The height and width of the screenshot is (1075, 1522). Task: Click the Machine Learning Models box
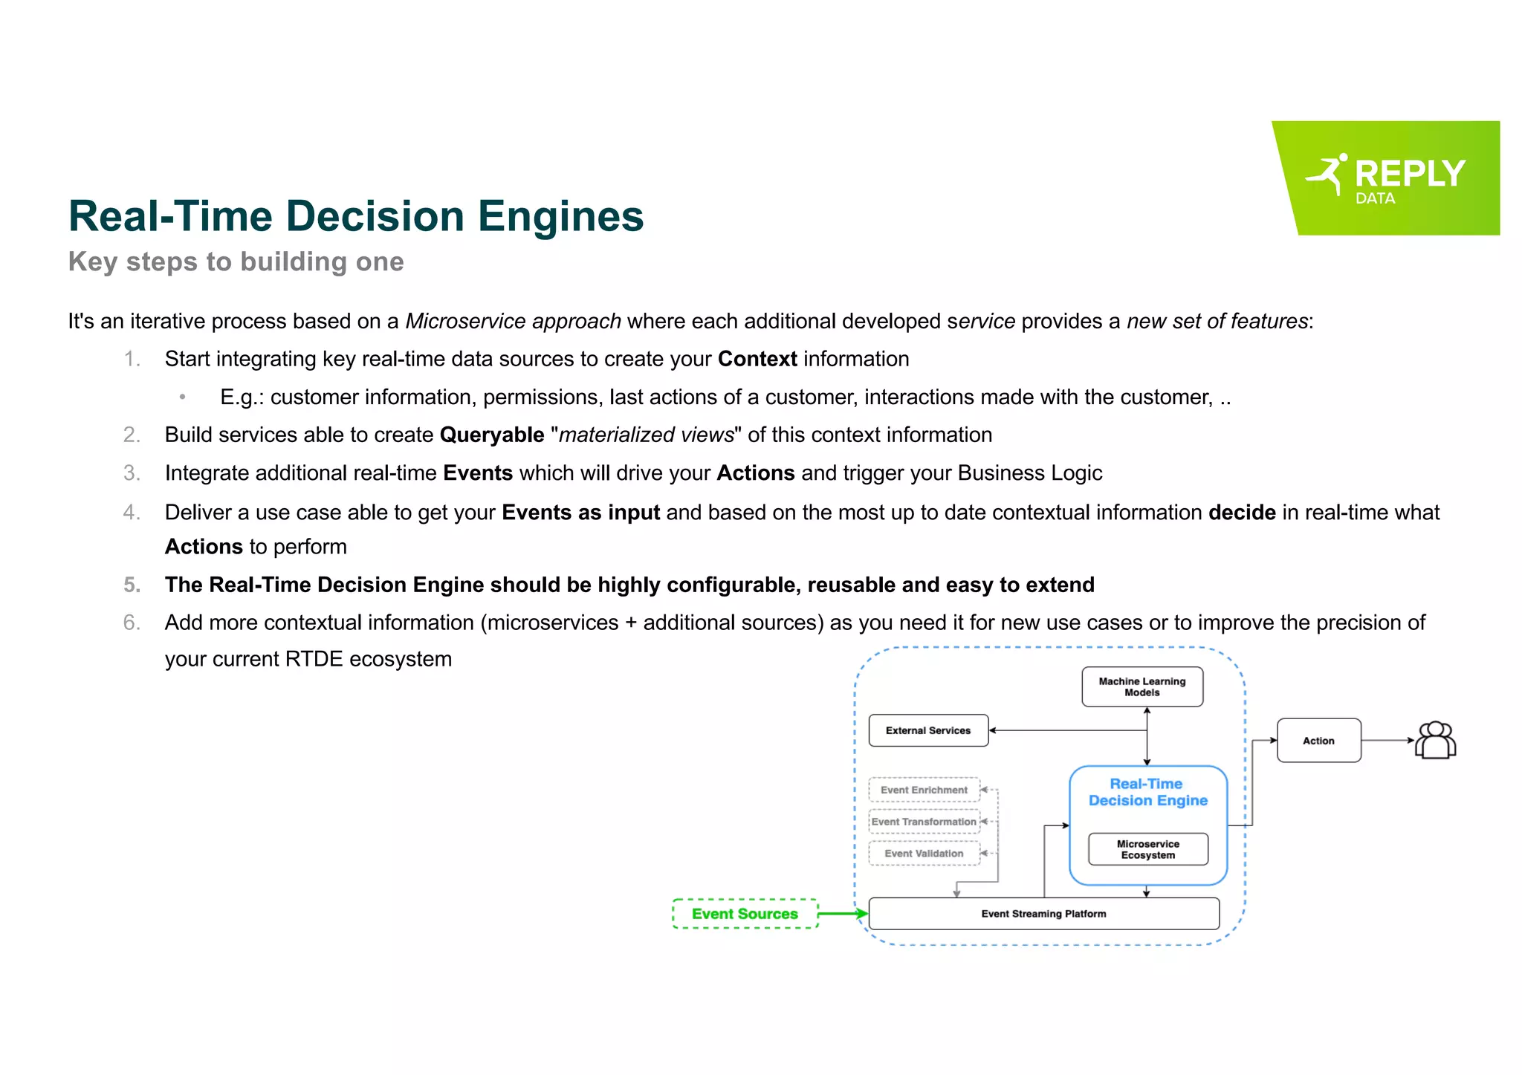1141,686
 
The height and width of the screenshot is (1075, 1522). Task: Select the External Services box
928,730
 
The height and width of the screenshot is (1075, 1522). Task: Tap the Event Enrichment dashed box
924,790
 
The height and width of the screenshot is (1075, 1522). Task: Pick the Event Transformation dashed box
924,822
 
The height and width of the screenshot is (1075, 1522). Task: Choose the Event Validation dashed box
924,854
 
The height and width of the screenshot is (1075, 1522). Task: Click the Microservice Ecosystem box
1147,849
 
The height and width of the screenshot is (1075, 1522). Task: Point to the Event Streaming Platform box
1043,914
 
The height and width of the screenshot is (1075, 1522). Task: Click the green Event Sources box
745,914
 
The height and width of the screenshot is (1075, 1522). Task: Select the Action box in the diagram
1318,741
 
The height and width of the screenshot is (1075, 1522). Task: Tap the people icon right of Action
1435,741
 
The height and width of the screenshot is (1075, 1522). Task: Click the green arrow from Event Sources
843,914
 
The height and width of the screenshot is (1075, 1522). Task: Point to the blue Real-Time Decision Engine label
1147,792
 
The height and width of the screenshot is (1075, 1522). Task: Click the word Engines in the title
560,216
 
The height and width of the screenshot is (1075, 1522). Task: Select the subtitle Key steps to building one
236,262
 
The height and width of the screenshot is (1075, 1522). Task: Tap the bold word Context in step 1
757,359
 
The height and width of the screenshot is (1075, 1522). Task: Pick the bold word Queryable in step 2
492,435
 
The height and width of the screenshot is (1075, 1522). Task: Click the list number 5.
132,585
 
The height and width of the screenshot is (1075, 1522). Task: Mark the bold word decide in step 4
1242,512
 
